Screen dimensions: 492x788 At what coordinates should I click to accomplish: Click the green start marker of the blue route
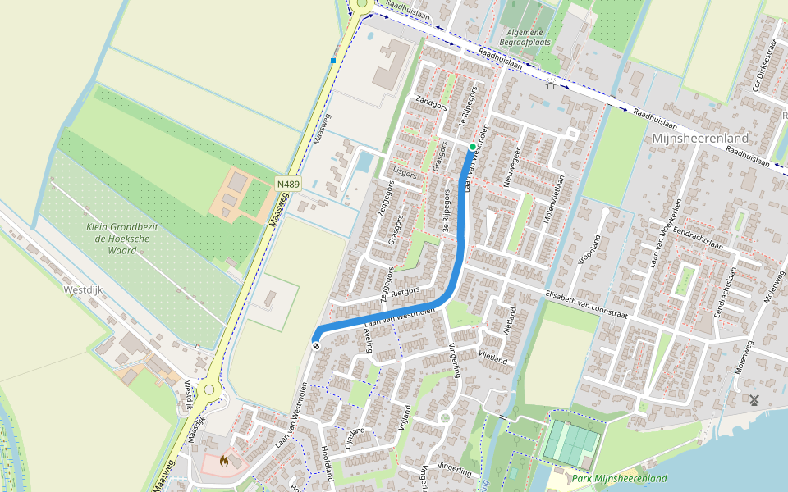point(473,147)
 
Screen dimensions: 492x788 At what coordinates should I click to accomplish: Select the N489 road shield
point(288,185)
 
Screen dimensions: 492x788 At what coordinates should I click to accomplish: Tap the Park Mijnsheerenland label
point(619,478)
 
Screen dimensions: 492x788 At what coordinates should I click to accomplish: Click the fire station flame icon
point(223,461)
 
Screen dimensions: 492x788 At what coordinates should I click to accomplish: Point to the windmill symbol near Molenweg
point(754,400)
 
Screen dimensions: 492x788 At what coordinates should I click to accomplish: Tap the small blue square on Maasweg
point(333,61)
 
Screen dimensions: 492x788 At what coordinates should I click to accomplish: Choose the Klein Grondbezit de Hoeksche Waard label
point(122,238)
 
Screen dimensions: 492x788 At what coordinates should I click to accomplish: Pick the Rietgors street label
point(405,290)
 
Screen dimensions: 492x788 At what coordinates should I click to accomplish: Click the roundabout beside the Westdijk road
point(209,390)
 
